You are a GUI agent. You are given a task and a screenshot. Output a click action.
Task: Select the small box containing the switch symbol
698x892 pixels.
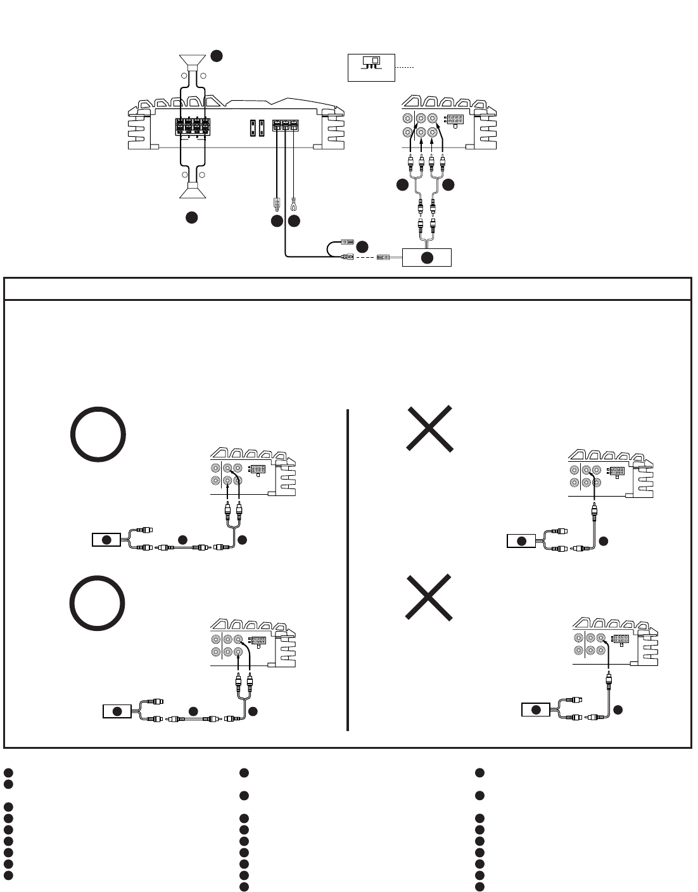(371, 67)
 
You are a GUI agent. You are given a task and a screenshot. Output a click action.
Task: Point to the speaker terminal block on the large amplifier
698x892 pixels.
(193, 127)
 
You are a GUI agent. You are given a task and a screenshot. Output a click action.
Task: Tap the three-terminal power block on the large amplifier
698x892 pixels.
(285, 126)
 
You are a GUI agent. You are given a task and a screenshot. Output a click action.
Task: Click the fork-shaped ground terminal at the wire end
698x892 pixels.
(293, 204)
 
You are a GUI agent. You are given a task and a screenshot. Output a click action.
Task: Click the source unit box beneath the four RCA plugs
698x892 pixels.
(427, 257)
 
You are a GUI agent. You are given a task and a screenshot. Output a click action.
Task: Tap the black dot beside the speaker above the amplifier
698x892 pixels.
(217, 56)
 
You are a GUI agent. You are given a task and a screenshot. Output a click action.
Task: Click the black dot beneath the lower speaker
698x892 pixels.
(191, 217)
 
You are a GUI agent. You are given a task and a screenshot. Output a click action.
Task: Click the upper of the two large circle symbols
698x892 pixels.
(98, 435)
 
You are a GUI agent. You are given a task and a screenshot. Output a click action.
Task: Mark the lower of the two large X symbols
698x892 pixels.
(429, 597)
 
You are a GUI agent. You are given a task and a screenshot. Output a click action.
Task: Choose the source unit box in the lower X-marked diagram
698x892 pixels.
(536, 710)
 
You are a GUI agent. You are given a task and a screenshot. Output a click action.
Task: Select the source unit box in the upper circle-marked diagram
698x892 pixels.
(106, 540)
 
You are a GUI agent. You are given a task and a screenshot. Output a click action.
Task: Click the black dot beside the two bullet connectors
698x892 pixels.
(362, 246)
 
